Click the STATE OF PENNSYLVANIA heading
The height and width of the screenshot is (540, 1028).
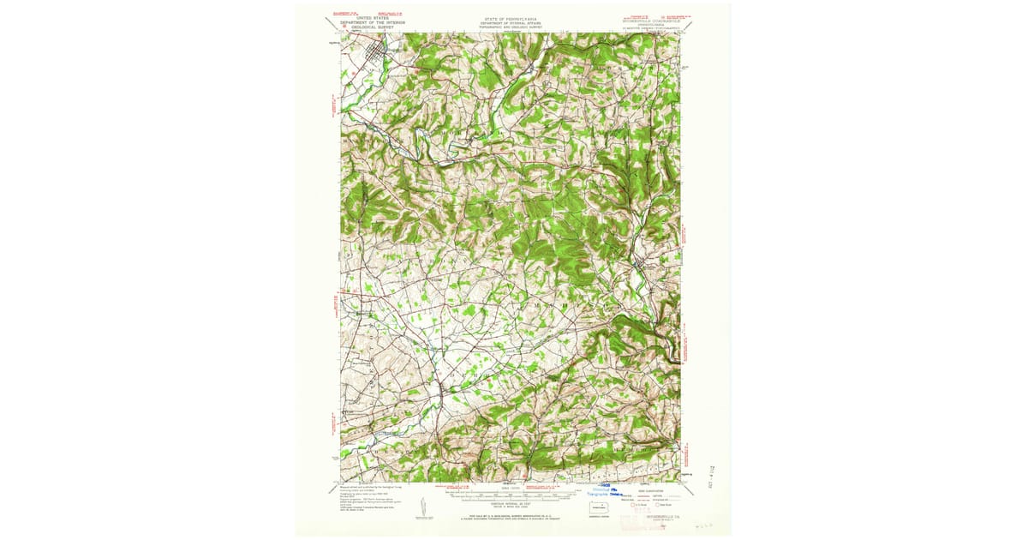pyautogui.click(x=511, y=17)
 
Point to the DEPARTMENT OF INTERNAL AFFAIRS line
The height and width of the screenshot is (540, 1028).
pyautogui.click(x=511, y=21)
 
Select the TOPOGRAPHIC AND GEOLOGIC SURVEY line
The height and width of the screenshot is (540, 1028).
pyautogui.click(x=511, y=27)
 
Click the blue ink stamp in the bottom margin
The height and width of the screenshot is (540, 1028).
pyautogui.click(x=604, y=492)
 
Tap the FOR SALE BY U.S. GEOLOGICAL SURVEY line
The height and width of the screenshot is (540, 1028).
pyautogui.click(x=511, y=514)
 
